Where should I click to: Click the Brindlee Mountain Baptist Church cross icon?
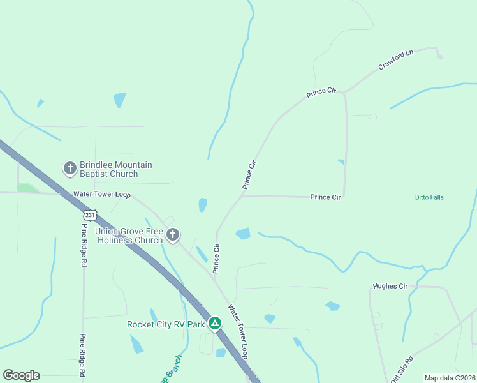click(70, 169)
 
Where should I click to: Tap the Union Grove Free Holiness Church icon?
click(172, 235)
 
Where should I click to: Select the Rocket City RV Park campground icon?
click(216, 324)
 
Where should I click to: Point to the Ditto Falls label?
click(425, 197)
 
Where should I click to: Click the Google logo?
click(21, 375)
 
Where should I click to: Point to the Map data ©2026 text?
click(450, 378)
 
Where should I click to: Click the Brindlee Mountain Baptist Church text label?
click(116, 169)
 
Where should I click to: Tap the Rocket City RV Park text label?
click(166, 324)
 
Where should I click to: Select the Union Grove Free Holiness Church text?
click(128, 236)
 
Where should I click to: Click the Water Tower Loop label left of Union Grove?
click(101, 193)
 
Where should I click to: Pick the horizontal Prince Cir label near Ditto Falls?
click(325, 197)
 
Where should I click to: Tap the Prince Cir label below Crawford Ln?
click(321, 93)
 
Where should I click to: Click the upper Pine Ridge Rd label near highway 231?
click(84, 236)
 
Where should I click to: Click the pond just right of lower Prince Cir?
click(243, 234)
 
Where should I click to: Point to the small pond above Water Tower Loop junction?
click(203, 204)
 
